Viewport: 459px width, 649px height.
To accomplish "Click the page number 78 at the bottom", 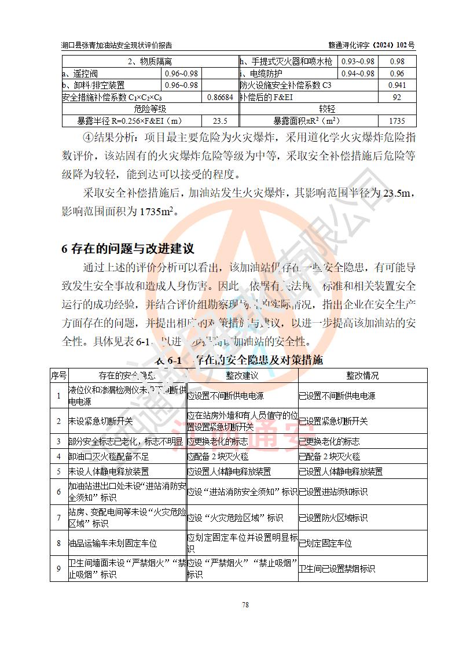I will [245, 605].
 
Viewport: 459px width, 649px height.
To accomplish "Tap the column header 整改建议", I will [242, 375].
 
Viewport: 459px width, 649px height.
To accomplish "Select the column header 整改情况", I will [362, 375].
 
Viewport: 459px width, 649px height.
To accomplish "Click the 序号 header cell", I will [58, 375].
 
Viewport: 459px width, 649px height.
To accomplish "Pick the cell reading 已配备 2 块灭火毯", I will [329, 456].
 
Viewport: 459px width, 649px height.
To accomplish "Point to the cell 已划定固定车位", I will [325, 543].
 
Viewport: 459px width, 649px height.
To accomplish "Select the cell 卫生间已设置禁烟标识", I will [336, 569].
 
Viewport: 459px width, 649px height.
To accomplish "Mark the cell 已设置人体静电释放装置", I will [340, 471].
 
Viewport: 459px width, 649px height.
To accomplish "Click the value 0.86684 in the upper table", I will [220, 97].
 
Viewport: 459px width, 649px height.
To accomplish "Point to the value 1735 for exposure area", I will [397, 121].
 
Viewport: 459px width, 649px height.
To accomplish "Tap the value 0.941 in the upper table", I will [397, 85].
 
